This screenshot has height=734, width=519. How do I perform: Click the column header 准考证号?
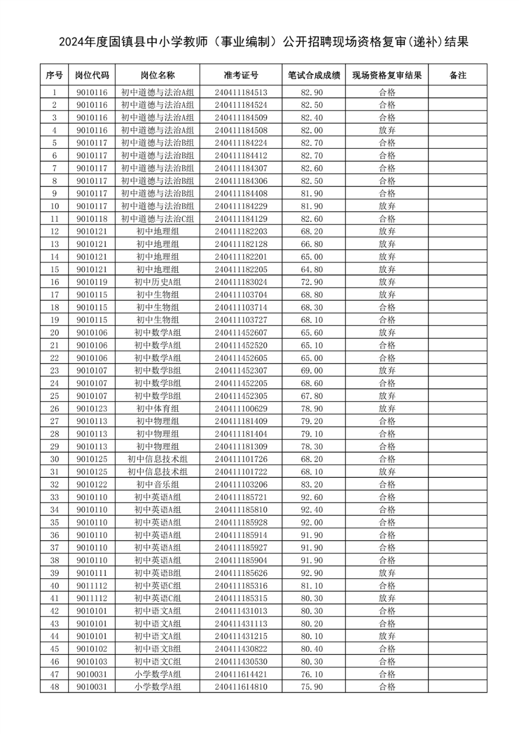pyautogui.click(x=240, y=76)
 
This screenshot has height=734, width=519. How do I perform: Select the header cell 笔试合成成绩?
pyautogui.click(x=314, y=76)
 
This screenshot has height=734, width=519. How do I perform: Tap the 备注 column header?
pyautogui.click(x=457, y=76)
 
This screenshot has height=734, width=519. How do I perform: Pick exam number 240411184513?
pyautogui.click(x=240, y=92)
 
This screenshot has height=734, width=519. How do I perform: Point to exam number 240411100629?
pyautogui.click(x=240, y=409)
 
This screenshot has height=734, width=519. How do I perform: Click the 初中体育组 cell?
pyautogui.click(x=157, y=409)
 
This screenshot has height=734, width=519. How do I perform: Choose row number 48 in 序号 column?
pyautogui.click(x=55, y=687)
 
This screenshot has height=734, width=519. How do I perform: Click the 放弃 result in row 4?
pyautogui.click(x=387, y=130)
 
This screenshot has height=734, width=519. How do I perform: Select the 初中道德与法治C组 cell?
pyautogui.click(x=157, y=219)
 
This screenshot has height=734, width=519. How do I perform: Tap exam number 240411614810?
pyautogui.click(x=240, y=687)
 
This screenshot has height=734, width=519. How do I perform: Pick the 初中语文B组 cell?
pyautogui.click(x=157, y=649)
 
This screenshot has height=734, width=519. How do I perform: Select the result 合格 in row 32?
pyautogui.click(x=387, y=484)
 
